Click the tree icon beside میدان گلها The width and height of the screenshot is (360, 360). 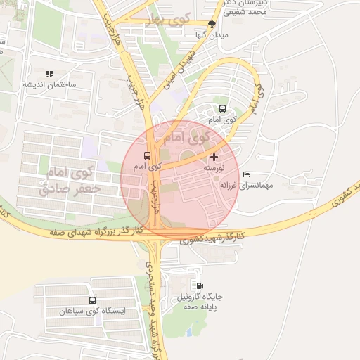[x=212, y=23]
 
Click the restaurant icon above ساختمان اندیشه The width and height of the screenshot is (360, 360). [x=49, y=74]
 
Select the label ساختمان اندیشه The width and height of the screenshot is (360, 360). [x=49, y=84]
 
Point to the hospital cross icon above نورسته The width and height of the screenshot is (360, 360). [x=214, y=156]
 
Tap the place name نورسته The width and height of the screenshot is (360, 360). [x=214, y=169]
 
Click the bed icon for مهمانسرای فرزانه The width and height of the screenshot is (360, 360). [x=245, y=174]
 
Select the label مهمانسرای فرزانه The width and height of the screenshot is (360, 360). [x=262, y=186]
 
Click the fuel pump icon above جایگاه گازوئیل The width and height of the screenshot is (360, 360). [x=200, y=286]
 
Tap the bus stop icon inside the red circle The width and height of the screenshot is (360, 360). [x=146, y=155]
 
